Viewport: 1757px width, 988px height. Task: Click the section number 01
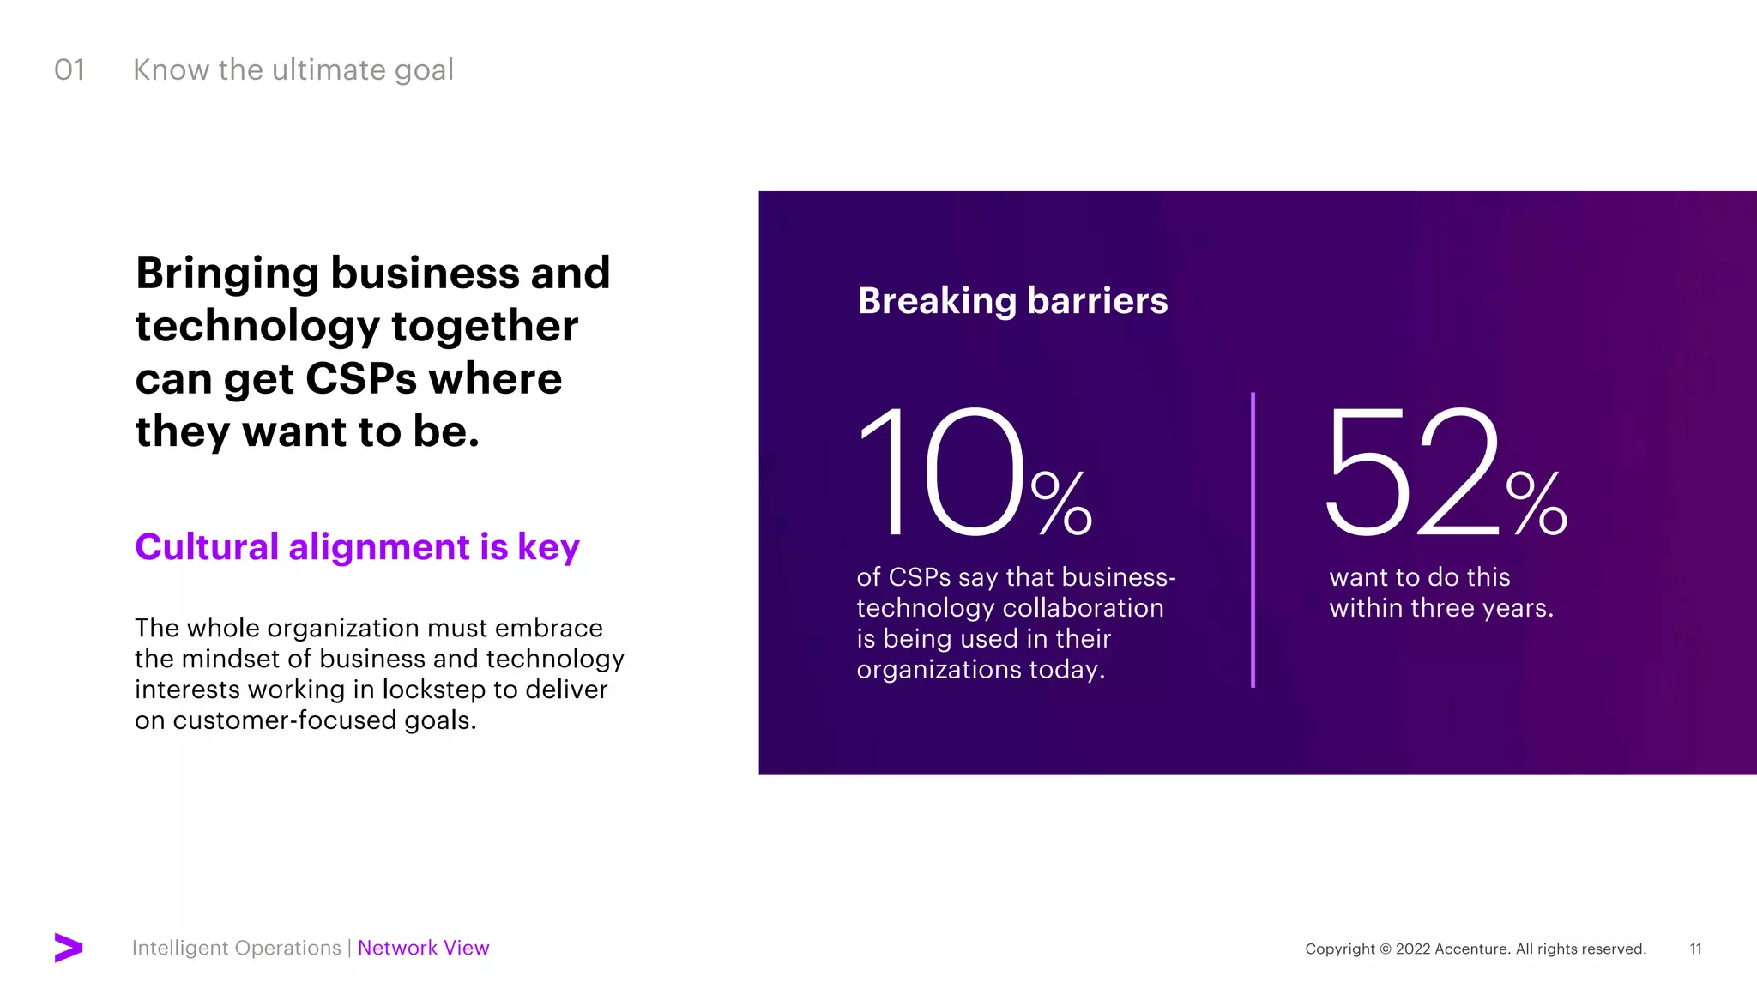point(69,70)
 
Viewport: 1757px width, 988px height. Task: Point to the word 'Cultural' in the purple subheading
point(207,546)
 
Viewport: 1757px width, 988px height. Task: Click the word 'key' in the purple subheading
point(548,548)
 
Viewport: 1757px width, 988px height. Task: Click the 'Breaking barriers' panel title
point(1012,301)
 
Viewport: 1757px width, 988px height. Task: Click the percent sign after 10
point(1061,503)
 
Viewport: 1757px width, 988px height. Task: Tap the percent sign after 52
point(1537,503)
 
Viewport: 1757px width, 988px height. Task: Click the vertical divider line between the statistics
point(1253,540)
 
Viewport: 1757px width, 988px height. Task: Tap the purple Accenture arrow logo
point(69,948)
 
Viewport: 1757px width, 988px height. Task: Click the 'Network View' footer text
point(423,948)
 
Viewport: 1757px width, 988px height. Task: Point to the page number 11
point(1695,949)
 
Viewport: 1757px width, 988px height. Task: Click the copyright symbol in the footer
point(1385,949)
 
